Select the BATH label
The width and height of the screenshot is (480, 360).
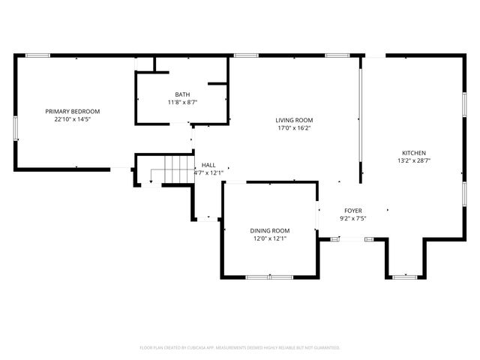[182, 94]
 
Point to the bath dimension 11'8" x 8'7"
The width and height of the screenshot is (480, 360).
[182, 102]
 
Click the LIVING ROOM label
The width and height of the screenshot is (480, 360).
[294, 120]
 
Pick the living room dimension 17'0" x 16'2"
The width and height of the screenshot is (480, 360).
[294, 127]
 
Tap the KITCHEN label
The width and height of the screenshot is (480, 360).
[413, 151]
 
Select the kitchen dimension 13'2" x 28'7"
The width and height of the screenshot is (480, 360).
[413, 160]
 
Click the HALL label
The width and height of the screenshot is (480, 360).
[208, 165]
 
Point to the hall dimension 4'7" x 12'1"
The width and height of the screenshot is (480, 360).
[209, 173]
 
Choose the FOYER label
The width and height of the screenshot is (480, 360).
[352, 211]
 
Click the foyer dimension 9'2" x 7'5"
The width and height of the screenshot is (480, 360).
[352, 219]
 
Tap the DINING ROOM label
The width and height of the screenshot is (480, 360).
[269, 230]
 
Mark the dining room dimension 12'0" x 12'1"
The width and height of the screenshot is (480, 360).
[269, 238]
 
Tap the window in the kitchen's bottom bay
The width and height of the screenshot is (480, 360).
[406, 277]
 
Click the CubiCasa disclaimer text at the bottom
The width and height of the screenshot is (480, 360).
[240, 347]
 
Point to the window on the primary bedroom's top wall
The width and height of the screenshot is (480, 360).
[37, 55]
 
